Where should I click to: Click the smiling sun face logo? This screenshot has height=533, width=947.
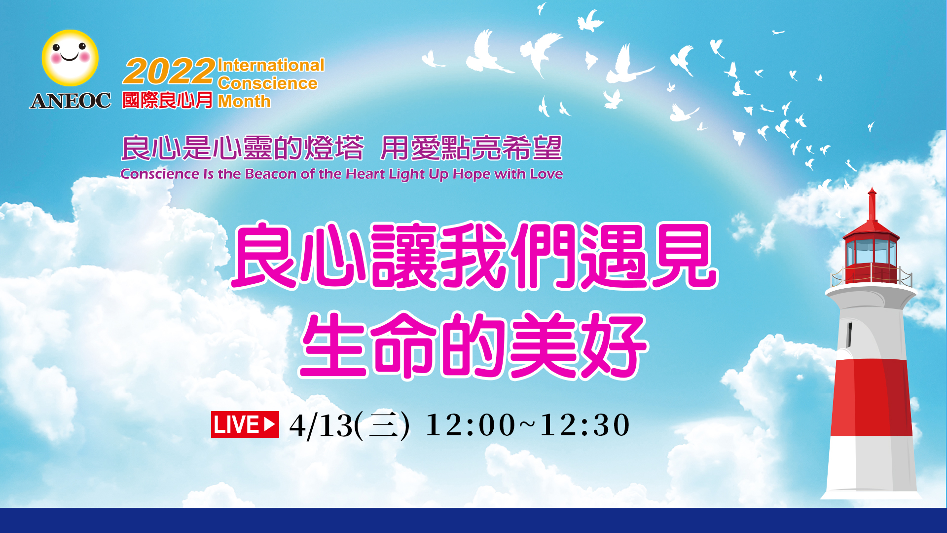[70, 58]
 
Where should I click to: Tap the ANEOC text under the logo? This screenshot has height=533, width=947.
[71, 101]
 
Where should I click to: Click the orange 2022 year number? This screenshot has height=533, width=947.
[169, 72]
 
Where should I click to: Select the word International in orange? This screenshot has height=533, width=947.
[271, 65]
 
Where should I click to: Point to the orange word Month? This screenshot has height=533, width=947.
[244, 101]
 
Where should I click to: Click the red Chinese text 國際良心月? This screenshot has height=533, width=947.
[167, 100]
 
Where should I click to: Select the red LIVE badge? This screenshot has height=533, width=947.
[245, 424]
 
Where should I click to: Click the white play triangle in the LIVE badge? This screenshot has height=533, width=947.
[269, 424]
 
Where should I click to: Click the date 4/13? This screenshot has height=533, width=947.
[321, 425]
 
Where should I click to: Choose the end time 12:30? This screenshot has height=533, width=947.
[585, 424]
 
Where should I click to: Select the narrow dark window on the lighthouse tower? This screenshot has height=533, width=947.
[849, 335]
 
